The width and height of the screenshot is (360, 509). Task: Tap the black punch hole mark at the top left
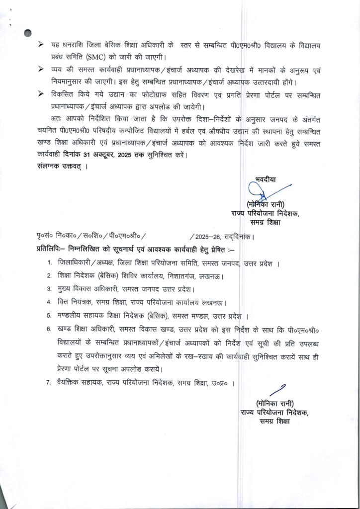[x=28, y=33]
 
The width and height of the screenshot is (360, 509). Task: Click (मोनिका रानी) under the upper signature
[x=265, y=204]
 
